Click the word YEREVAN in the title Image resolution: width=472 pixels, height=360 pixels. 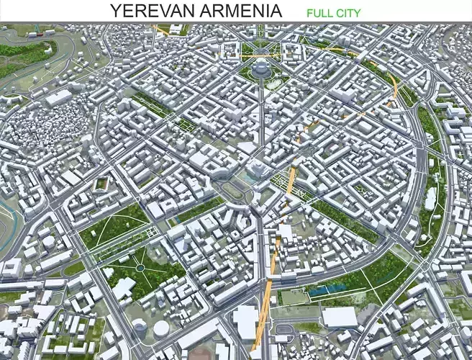click(x=150, y=10)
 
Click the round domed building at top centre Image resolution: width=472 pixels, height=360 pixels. click(x=260, y=68)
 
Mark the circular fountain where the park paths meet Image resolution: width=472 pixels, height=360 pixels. click(x=141, y=269)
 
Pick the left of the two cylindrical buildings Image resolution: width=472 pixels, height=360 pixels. click(x=141, y=328)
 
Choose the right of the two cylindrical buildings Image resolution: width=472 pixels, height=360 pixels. click(x=161, y=328)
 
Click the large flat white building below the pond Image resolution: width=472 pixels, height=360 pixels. click(x=339, y=317)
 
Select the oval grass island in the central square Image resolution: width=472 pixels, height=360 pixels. click(x=232, y=189)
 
